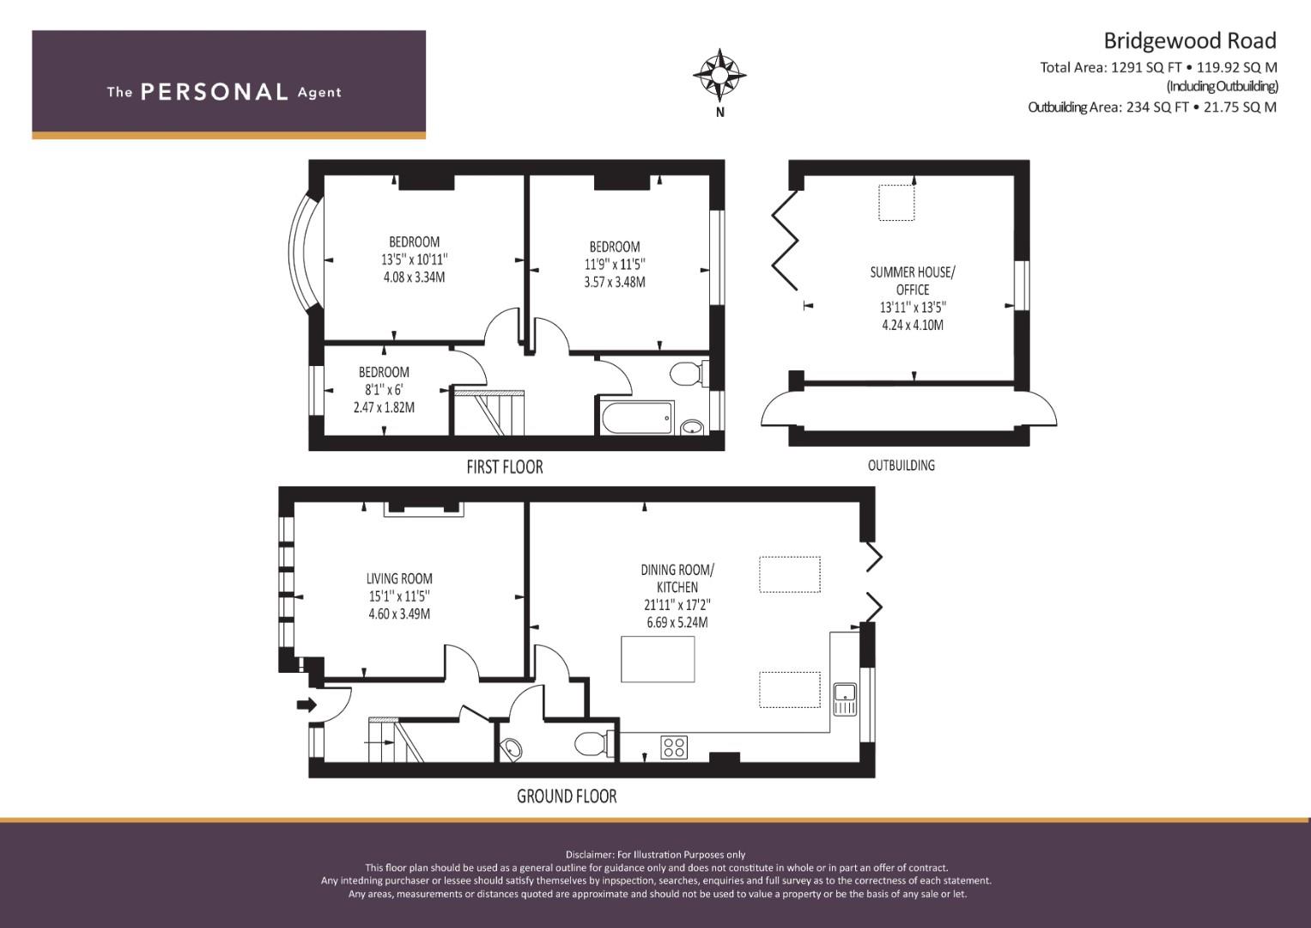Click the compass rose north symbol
click(719, 75)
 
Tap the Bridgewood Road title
click(1190, 41)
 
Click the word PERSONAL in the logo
click(215, 92)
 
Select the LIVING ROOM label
click(399, 579)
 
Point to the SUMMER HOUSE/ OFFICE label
click(913, 281)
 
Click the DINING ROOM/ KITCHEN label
click(677, 578)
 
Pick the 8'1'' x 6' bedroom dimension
click(384, 389)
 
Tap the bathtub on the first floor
click(637, 418)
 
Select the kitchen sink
click(845, 699)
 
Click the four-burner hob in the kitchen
click(674, 747)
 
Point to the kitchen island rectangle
click(658, 659)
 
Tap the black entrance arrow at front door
click(307, 705)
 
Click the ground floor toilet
click(593, 745)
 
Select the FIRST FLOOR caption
click(505, 467)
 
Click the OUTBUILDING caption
click(901, 465)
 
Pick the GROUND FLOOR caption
click(567, 797)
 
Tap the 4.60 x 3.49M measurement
click(399, 614)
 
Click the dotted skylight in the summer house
click(896, 202)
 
